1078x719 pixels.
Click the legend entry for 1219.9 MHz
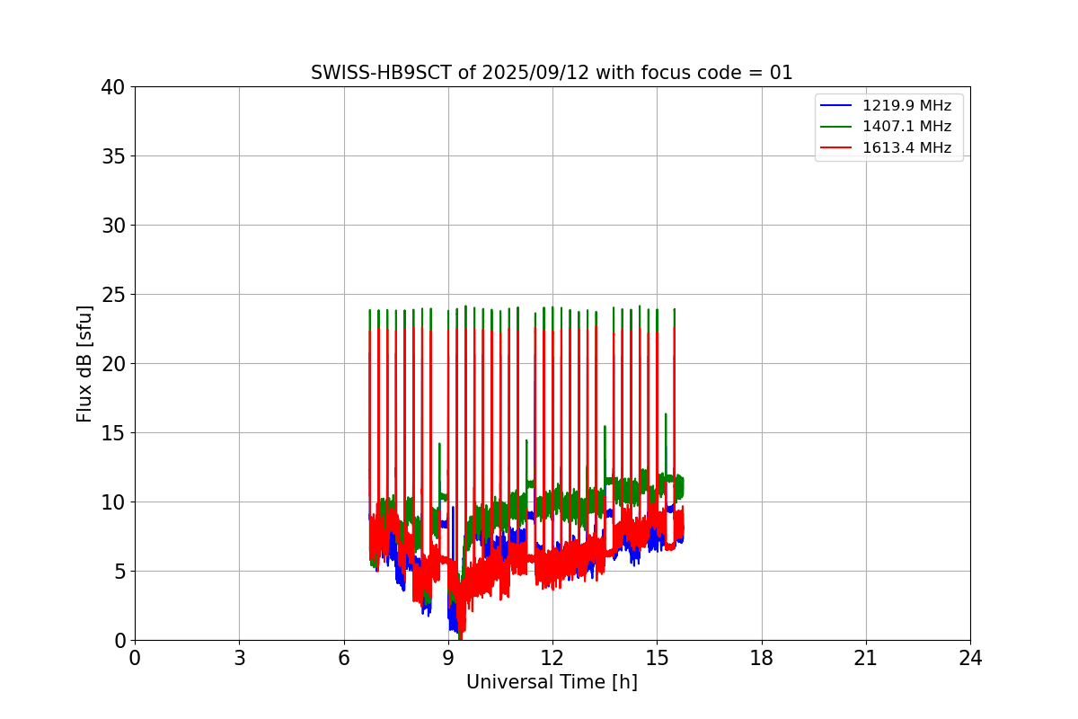906,106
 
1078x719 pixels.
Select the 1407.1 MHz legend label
906,127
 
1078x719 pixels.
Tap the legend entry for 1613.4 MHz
906,147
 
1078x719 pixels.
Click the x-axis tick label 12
552,658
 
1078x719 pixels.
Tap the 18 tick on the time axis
762,658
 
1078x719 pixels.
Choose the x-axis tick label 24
970,658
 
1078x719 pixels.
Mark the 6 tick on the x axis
344,658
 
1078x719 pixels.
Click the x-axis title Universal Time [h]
552,682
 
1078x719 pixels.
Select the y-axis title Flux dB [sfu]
84,363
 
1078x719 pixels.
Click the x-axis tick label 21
866,658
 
